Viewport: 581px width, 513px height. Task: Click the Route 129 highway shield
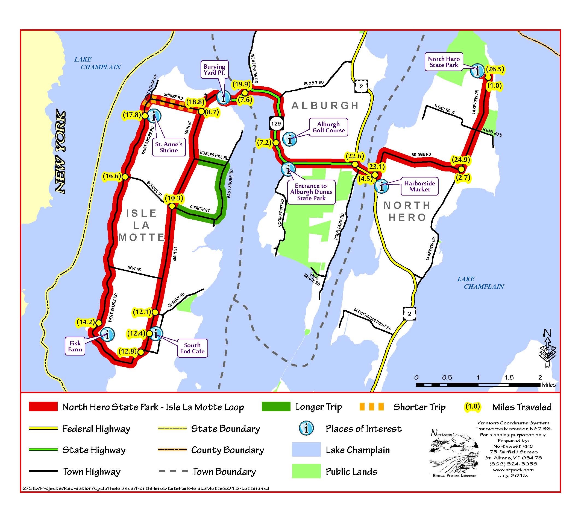(x=276, y=123)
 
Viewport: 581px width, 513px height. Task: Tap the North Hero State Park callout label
(x=444, y=62)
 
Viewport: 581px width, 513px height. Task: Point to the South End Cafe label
(x=192, y=348)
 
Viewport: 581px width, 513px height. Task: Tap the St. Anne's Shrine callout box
(x=169, y=147)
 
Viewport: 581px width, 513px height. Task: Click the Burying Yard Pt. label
(x=214, y=70)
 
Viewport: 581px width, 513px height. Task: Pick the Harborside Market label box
(x=419, y=186)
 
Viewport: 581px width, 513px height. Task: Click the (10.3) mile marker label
(x=174, y=198)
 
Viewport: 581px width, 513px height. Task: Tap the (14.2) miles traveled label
(x=86, y=322)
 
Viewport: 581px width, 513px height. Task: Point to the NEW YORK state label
(x=60, y=152)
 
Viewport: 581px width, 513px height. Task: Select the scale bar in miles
(x=478, y=385)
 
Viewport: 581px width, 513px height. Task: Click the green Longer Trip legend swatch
(x=276, y=407)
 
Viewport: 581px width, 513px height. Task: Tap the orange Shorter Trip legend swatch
(x=371, y=407)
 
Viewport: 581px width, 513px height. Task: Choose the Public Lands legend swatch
(x=306, y=471)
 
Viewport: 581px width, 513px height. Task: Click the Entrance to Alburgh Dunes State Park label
(x=311, y=192)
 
